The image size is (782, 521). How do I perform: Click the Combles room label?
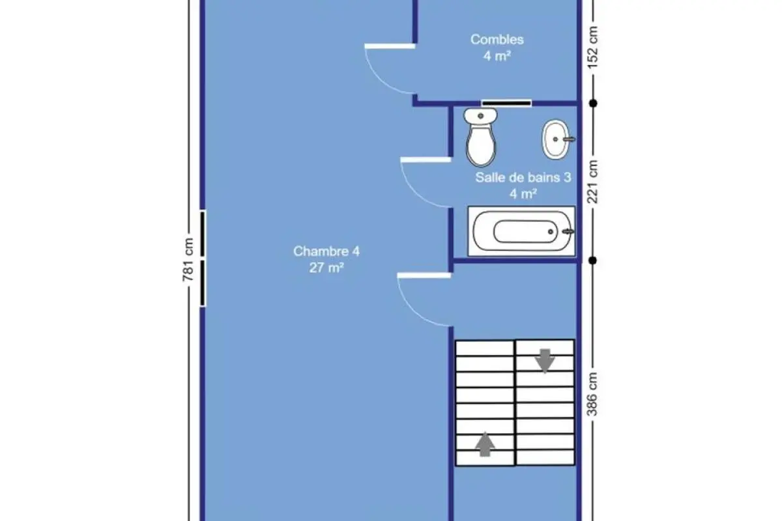click(x=497, y=40)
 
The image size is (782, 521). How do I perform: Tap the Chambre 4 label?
click(x=326, y=251)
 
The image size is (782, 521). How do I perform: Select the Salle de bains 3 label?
click(x=523, y=178)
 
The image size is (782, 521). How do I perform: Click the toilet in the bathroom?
click(x=481, y=137)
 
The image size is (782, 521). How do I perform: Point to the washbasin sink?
click(x=558, y=139)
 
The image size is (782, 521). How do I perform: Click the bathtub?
click(x=521, y=231)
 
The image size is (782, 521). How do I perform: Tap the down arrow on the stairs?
click(x=545, y=361)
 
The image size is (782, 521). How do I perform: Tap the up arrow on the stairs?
click(x=485, y=444)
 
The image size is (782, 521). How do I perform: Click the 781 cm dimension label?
click(x=188, y=260)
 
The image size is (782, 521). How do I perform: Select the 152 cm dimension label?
click(x=592, y=48)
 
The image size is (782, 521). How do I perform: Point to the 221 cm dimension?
click(x=592, y=182)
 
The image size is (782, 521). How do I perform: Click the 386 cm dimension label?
click(x=592, y=394)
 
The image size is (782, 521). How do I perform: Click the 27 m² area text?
click(x=326, y=268)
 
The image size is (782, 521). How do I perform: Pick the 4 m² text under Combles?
click(x=497, y=56)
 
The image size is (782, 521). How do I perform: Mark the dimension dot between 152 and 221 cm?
click(x=593, y=104)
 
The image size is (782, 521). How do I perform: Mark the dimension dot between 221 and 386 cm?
click(x=592, y=260)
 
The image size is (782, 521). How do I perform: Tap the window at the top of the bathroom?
click(x=506, y=104)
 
